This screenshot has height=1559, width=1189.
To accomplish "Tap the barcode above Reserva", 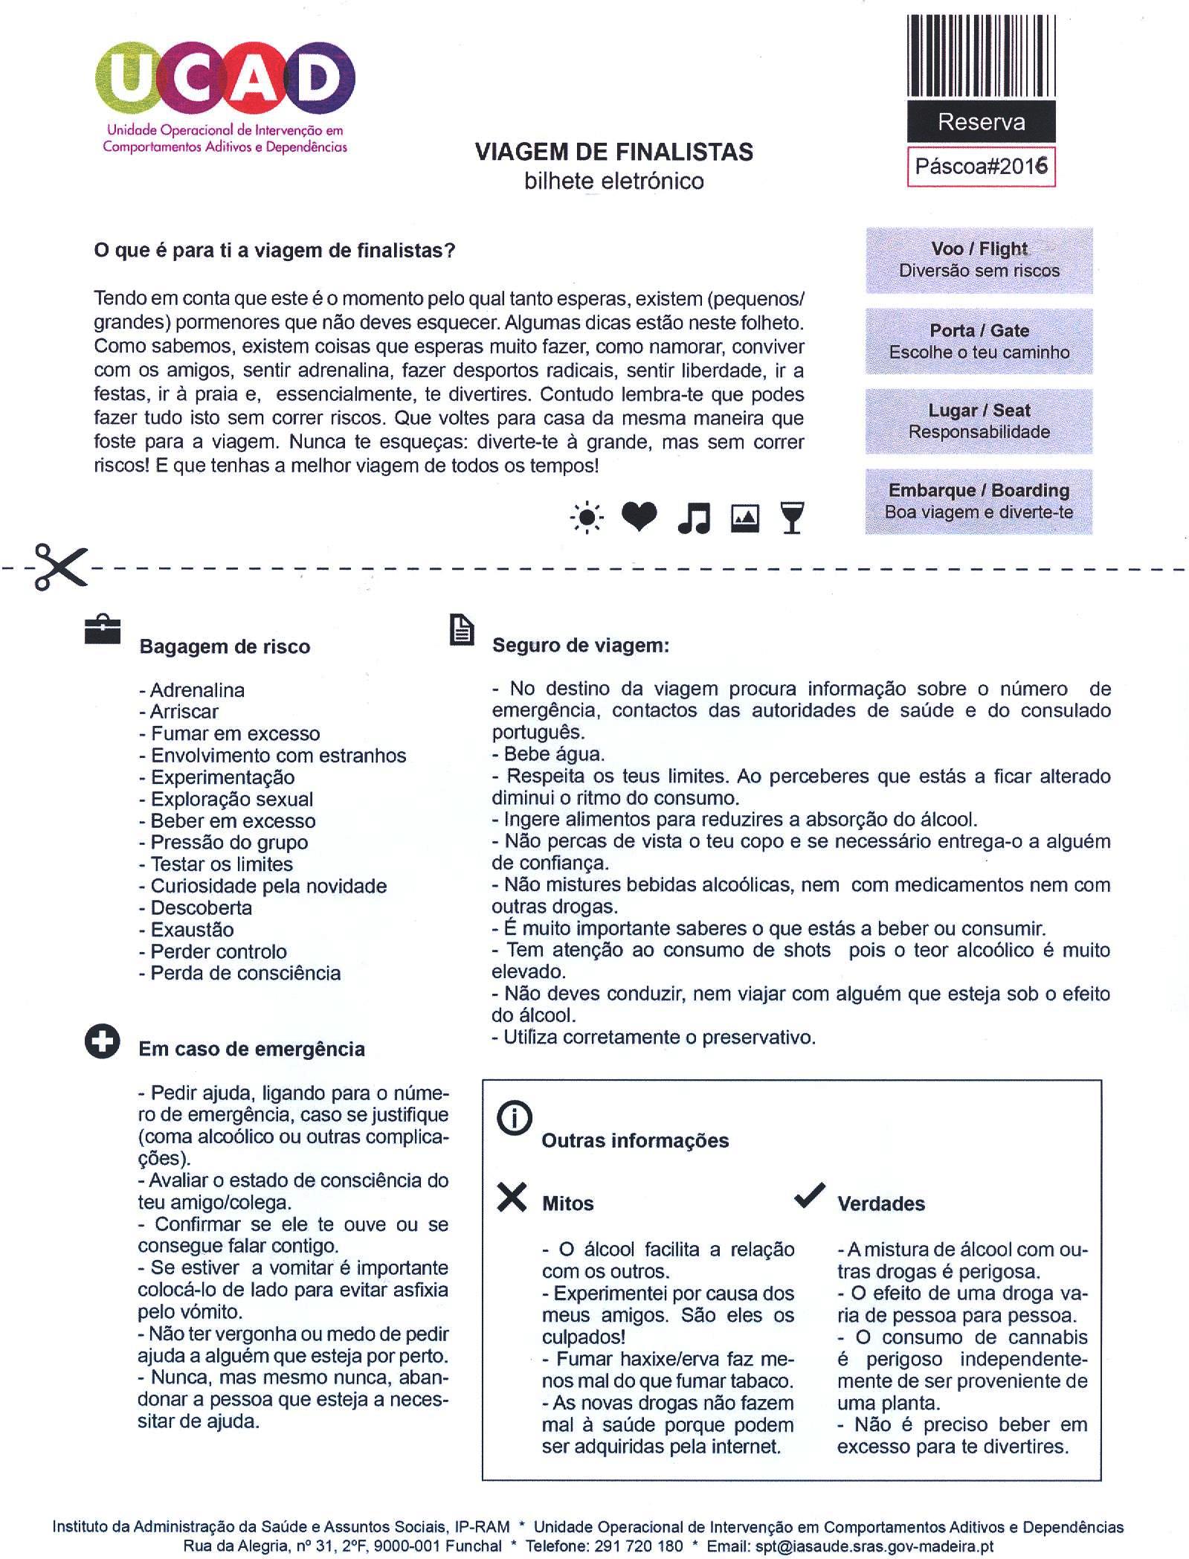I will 981,56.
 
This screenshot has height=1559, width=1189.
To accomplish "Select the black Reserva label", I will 981,122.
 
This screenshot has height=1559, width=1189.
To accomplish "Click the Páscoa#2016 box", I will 981,166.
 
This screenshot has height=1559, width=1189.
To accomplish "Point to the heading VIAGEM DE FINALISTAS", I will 613,152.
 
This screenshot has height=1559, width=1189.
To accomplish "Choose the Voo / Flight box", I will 979,260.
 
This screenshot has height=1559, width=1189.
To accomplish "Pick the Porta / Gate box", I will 979,341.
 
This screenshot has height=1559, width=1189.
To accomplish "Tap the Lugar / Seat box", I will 979,421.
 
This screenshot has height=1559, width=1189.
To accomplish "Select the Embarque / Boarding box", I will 979,501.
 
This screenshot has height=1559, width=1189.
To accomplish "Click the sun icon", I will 587,518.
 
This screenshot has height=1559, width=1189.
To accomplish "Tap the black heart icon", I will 639,516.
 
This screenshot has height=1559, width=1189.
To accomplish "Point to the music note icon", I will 695,518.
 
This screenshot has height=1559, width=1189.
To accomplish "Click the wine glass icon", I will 793,518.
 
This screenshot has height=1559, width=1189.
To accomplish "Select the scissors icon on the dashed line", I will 59,567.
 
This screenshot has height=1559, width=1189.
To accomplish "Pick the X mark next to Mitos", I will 512,1197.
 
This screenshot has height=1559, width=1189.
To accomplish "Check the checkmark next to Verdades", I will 809,1195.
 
